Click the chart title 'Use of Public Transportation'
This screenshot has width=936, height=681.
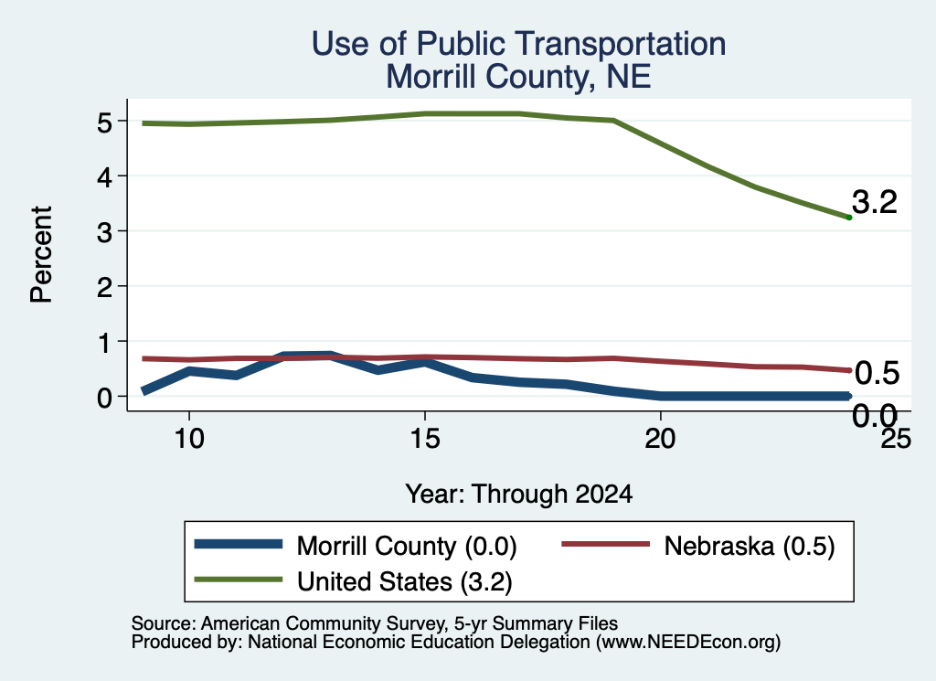pos(519,44)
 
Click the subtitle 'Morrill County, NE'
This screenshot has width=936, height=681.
pos(518,77)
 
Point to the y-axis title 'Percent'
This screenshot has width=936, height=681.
pos(42,254)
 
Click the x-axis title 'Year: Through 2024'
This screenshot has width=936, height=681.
pos(519,495)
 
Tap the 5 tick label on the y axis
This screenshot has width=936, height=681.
pos(104,123)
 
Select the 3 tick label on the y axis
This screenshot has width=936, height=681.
pos(104,233)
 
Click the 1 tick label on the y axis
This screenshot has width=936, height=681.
pos(105,343)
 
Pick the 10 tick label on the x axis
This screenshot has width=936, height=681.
pos(189,440)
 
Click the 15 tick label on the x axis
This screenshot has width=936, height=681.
pos(424,440)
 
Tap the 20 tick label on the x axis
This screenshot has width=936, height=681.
pos(660,440)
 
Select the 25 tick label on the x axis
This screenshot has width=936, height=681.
pos(896,440)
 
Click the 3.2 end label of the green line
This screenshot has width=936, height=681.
pos(875,202)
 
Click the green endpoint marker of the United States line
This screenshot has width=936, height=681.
pos(849,218)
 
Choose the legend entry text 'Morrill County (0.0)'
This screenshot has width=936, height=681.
pos(407,546)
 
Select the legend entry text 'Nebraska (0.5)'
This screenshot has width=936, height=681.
pos(750,546)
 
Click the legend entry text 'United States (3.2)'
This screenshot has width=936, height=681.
pos(405,581)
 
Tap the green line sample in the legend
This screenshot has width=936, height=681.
pos(239,580)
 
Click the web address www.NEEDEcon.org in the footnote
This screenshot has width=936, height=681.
pos(688,643)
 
